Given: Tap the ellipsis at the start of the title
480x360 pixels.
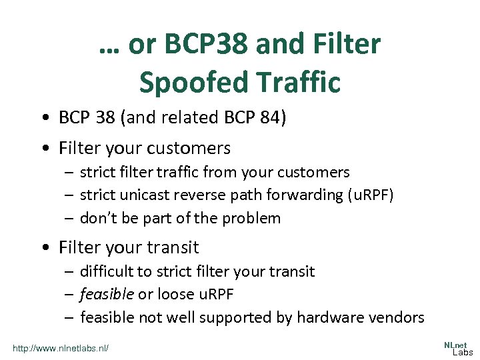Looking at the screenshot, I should click(110, 48).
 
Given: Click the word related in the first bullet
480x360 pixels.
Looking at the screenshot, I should click(193, 118).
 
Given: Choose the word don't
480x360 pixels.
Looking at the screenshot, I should click(98, 218).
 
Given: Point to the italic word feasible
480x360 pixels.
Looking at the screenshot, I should click(107, 294).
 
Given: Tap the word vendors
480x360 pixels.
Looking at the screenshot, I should click(399, 317).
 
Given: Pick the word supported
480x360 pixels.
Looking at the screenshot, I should click(231, 317).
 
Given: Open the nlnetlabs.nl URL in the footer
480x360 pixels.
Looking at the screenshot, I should click(61, 348).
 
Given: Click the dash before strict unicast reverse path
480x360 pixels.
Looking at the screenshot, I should click(69, 195).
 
